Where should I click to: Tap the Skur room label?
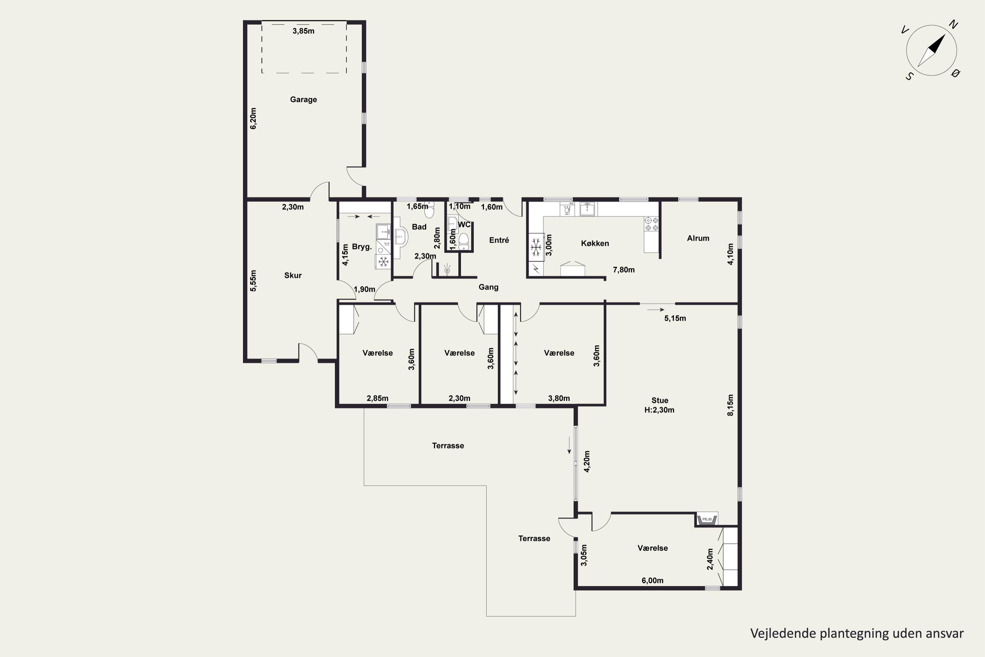[x=293, y=275]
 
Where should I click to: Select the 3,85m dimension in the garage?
[x=303, y=31]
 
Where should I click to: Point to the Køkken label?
[x=595, y=243]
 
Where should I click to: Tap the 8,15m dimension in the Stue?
[x=730, y=405]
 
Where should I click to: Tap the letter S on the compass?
[x=909, y=76]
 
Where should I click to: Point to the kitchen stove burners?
[x=651, y=224]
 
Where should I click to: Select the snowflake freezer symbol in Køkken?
[x=536, y=247]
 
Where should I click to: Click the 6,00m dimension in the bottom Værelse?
[x=652, y=580]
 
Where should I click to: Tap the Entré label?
[x=499, y=240]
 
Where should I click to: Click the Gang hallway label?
[x=488, y=287]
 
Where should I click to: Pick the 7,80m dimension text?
[x=624, y=270]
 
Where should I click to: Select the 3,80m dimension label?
[x=559, y=398]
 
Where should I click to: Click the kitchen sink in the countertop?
[x=588, y=209]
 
